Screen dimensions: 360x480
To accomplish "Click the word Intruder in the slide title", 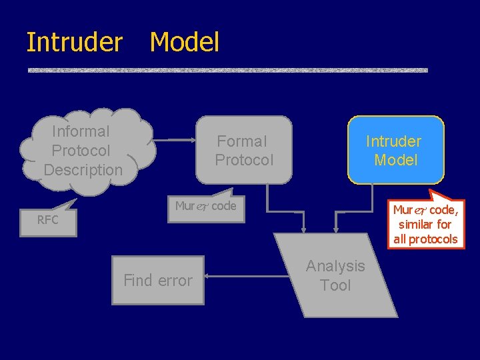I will tap(74, 42).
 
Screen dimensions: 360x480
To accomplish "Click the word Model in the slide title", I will tap(185, 42).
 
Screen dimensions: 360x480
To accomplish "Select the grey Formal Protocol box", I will tap(244, 151).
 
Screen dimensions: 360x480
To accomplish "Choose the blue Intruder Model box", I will tap(396, 151).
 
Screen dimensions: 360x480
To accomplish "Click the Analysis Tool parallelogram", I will tap(336, 275).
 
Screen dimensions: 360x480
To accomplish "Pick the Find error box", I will tap(158, 281).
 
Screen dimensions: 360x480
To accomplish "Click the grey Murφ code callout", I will tap(205, 207).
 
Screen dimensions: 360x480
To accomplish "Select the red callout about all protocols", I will tap(425, 225).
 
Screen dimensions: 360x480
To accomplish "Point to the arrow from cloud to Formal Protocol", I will tap(175, 140).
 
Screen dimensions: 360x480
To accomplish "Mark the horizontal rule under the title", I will tap(227, 70).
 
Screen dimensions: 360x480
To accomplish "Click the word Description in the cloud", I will tap(83, 170).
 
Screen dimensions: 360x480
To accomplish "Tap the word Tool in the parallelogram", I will tap(335, 285).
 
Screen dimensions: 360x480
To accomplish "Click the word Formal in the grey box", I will tap(242, 141).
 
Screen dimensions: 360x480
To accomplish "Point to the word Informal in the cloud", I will tap(81, 131).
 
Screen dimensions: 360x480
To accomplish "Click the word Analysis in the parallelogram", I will tap(335, 266).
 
